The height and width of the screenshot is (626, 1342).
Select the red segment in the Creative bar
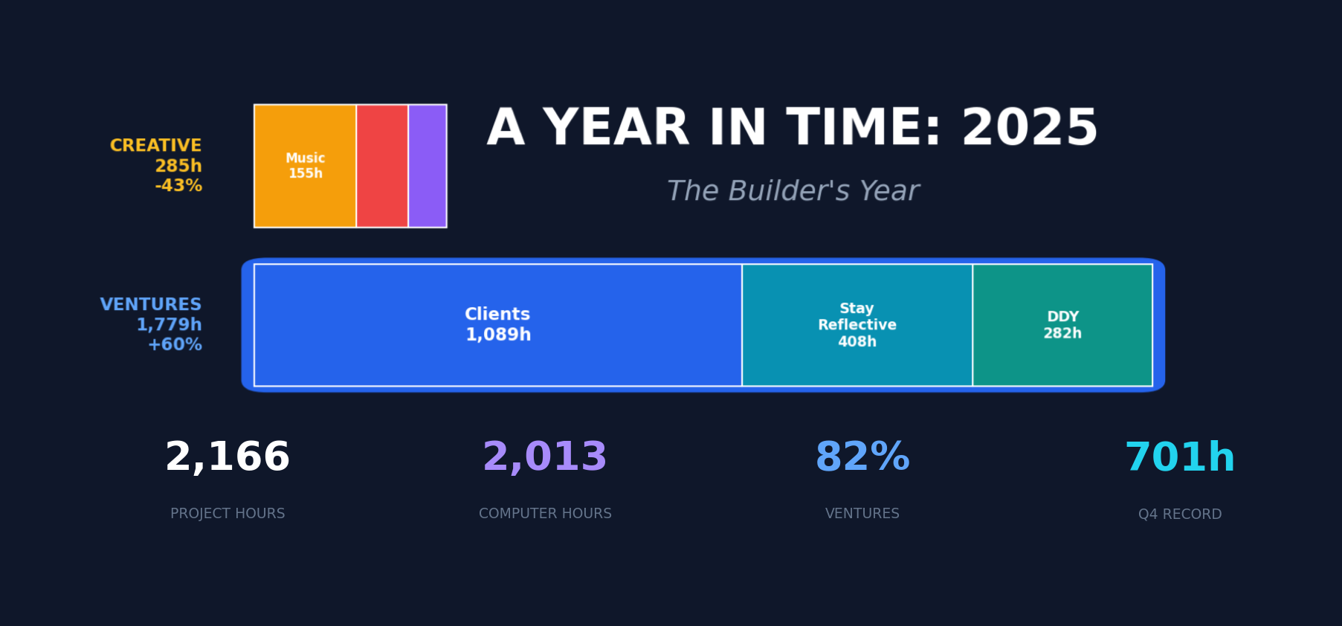382,166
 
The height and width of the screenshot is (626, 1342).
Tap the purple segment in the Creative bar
428,166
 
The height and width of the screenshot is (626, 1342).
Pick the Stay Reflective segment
857,325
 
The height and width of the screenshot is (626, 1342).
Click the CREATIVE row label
155,146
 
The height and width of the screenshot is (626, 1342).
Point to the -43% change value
178,186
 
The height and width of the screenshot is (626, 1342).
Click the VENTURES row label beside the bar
151,305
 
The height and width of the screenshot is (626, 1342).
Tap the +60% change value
175,345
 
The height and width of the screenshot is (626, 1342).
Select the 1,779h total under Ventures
169,325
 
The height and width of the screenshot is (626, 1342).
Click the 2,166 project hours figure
228,456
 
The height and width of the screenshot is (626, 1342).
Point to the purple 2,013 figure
545,456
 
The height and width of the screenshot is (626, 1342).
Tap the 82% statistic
862,456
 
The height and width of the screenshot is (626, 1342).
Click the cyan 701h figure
1180,457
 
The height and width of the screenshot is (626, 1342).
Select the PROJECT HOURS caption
228,514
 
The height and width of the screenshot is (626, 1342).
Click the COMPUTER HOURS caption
545,514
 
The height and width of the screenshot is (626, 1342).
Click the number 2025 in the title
1030,128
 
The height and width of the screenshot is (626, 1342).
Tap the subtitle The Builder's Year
793,191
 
